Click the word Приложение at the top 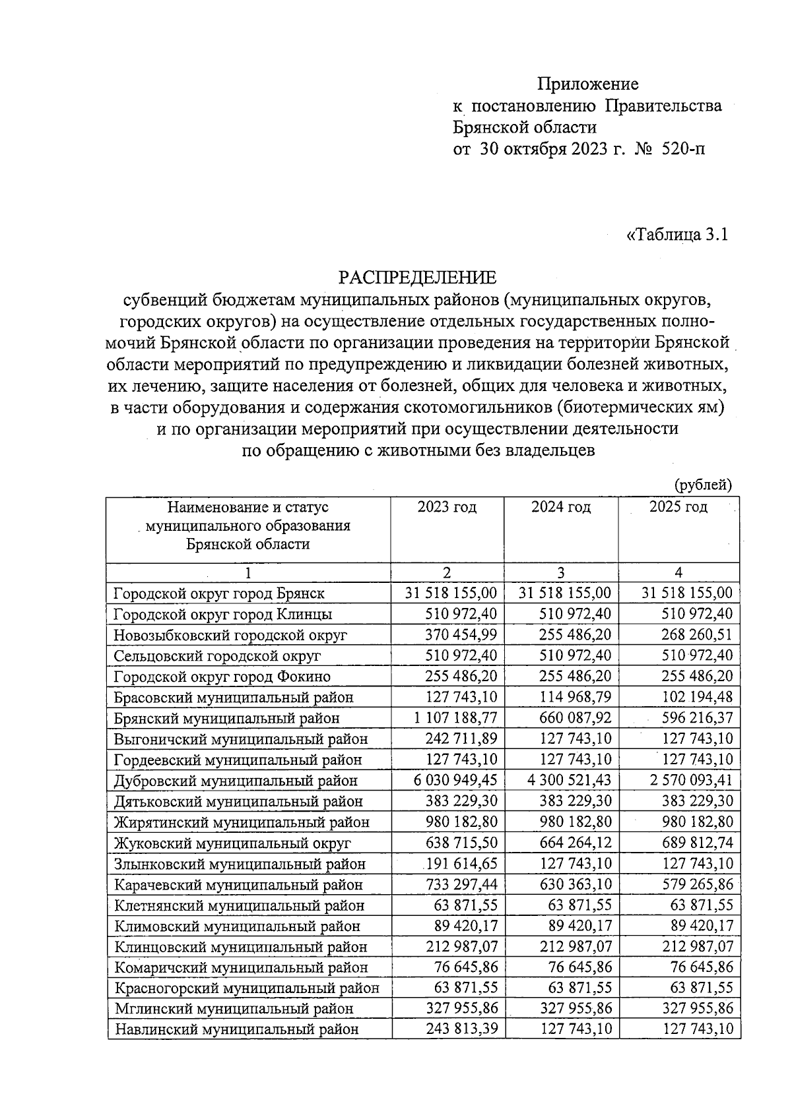coord(587,84)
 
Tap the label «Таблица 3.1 coord(676,235)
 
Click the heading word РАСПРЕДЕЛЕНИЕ coord(417,277)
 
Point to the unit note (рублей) coord(702,485)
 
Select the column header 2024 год coord(561,507)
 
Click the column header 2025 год coord(678,507)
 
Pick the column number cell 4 coord(678,572)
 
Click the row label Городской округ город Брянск coord(218,593)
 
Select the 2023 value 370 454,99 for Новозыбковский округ coord(455,635)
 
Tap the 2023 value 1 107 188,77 coord(455,718)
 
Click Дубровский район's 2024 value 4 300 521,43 coord(569,780)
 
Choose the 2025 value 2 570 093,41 coord(690,780)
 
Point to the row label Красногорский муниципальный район coord(247,988)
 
